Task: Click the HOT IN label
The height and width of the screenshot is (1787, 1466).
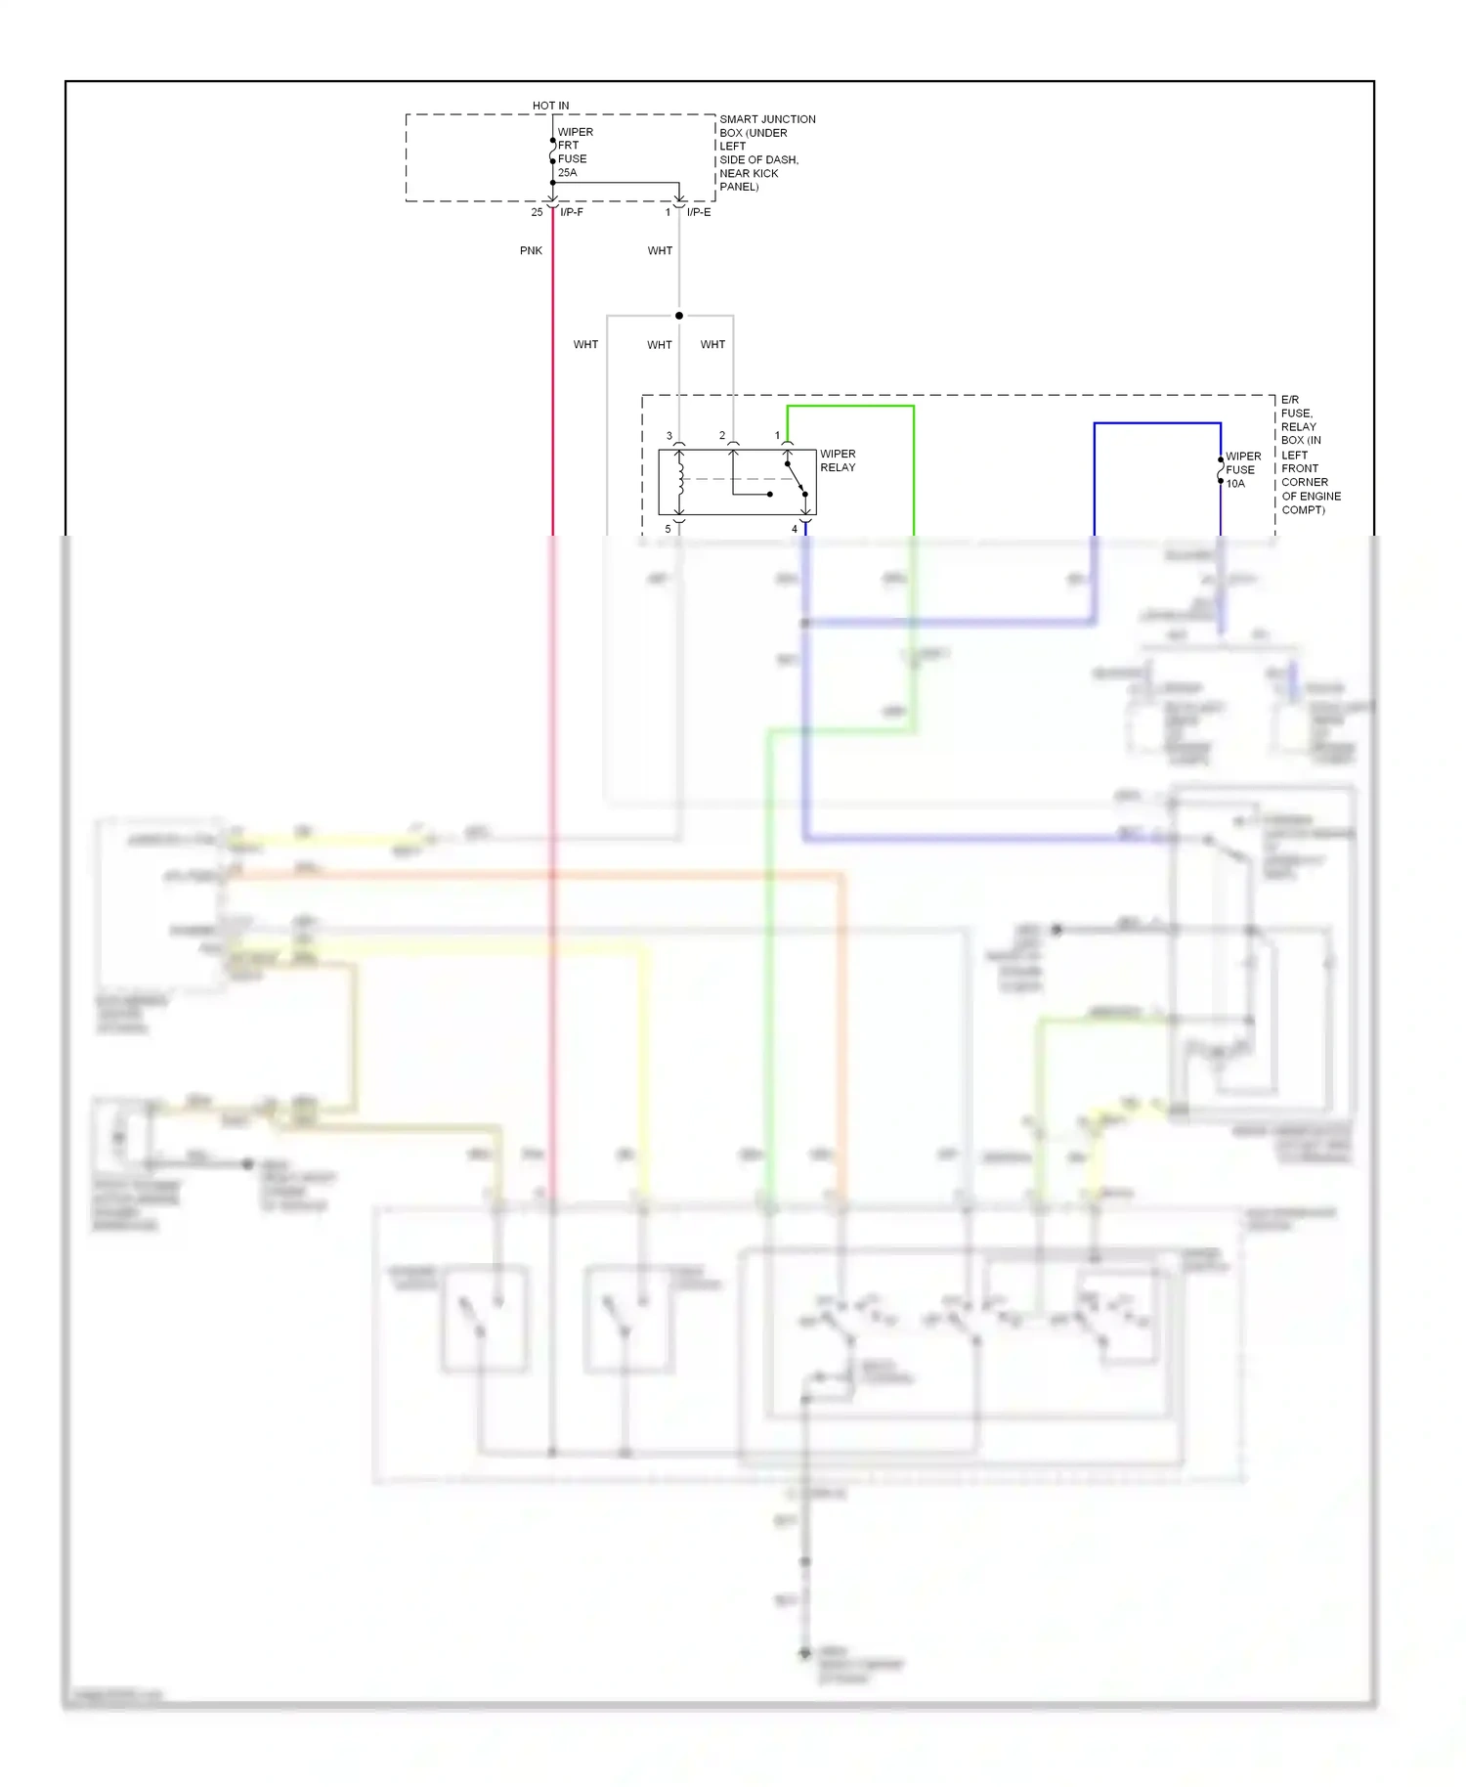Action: tap(550, 106)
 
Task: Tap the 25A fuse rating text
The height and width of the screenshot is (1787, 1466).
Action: tap(567, 173)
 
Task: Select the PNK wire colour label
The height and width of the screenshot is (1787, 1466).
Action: tap(531, 251)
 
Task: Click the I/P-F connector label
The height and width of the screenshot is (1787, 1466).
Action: tap(572, 212)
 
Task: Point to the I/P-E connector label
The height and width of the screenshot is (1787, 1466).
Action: tap(699, 212)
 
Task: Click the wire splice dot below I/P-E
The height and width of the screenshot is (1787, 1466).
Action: tap(679, 316)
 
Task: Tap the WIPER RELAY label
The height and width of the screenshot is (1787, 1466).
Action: tap(838, 460)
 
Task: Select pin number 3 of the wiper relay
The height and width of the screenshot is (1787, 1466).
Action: tap(669, 436)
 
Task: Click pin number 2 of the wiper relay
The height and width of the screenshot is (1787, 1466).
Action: tap(722, 436)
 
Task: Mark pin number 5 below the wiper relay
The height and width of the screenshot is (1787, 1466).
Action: tap(668, 529)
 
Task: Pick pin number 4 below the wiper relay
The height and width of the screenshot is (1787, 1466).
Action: tap(795, 529)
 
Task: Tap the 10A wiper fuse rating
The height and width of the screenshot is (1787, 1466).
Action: tap(1235, 484)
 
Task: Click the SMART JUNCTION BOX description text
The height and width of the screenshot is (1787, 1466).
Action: tap(766, 153)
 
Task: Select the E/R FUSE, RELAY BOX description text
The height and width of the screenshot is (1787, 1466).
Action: tap(1310, 455)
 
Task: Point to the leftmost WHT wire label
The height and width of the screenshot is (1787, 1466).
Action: tap(585, 345)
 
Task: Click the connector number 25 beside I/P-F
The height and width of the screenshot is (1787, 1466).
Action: tap(537, 212)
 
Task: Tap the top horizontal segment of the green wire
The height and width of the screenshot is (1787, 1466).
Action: tap(850, 407)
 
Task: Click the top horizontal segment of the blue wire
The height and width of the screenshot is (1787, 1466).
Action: tap(1157, 423)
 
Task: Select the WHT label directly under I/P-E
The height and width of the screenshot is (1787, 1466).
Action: tap(660, 251)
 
